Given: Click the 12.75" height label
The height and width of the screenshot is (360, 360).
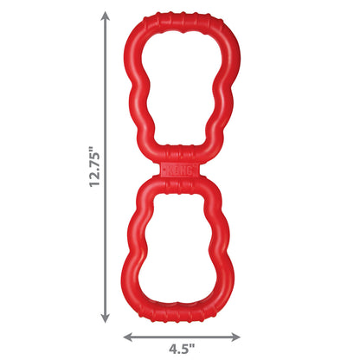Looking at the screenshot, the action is click(x=94, y=167).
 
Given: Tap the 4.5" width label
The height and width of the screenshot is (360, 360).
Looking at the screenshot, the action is click(x=182, y=350).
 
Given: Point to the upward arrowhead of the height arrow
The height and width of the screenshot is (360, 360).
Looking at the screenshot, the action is click(x=106, y=16).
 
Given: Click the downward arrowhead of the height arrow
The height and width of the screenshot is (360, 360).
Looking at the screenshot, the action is click(x=106, y=318).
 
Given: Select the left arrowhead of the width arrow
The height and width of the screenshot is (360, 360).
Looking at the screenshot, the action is click(x=128, y=337).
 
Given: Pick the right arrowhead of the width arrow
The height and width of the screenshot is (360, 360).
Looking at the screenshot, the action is click(x=235, y=337).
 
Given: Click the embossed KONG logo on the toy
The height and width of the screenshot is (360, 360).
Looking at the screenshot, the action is click(x=179, y=170).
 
